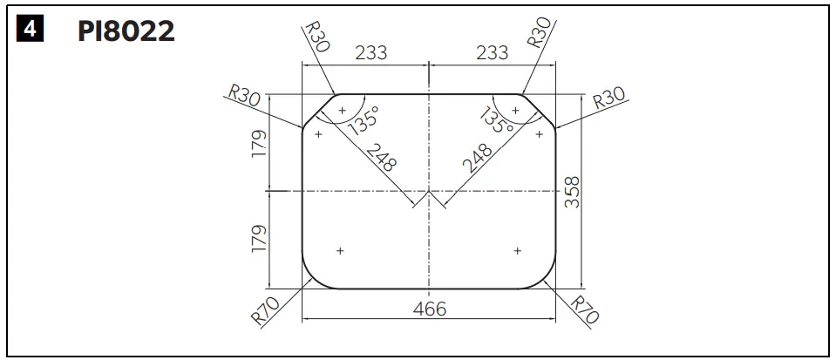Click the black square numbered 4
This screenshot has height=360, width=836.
pos(31,31)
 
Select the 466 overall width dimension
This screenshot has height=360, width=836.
pos(429,309)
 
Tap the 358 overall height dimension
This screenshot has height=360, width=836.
pos(573,192)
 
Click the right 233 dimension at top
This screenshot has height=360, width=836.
pos(492,53)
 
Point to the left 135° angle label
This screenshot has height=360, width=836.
pos(364,122)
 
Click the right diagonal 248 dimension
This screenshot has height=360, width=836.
pos(476,160)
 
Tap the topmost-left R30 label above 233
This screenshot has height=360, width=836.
pos(316,39)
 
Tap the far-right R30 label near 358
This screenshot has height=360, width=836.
pos(609,101)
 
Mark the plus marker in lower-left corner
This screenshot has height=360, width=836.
pos(340,250)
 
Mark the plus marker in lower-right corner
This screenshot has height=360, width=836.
pos(517,250)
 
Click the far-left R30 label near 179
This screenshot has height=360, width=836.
pos(244,95)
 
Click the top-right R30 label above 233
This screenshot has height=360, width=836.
pos(539,32)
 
